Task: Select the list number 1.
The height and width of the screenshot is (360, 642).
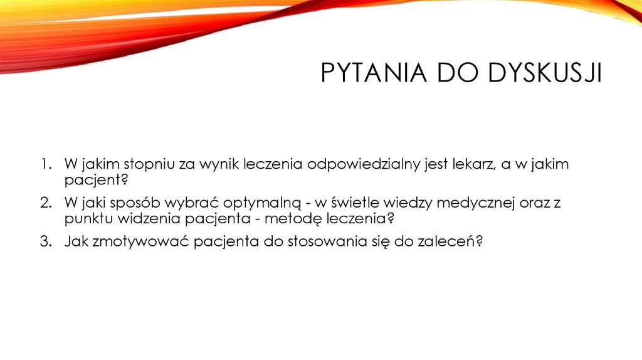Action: [x=45, y=165]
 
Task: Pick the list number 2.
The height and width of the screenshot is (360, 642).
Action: [x=45, y=203]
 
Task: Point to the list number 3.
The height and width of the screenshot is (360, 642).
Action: [x=45, y=241]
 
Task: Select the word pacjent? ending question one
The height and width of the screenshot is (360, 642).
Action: [x=96, y=181]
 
